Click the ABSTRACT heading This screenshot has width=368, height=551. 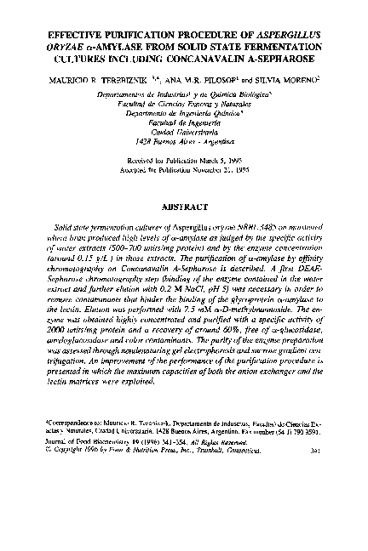pyautogui.click(x=183, y=205)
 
